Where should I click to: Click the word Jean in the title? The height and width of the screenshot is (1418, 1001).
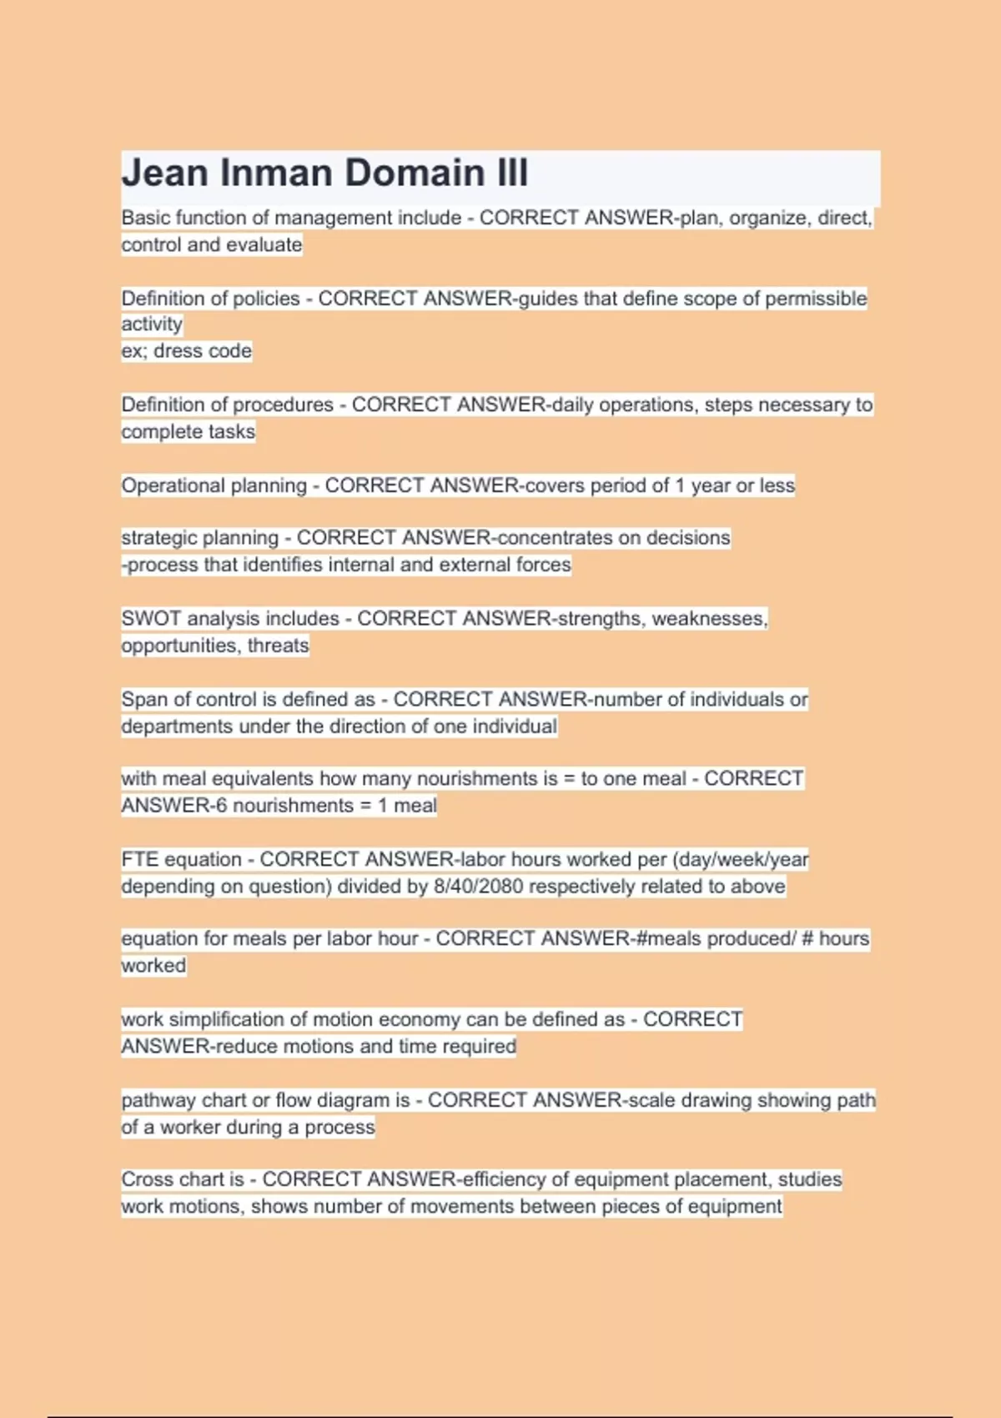[x=164, y=173]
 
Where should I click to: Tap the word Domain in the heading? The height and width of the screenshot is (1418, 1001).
[x=414, y=173]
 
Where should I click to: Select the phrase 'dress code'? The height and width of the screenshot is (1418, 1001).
[x=203, y=350]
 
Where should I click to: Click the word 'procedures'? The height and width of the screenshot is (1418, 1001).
[x=284, y=405]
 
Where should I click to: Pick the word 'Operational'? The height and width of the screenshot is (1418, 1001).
[x=172, y=485]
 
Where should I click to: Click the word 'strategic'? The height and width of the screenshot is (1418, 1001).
[x=158, y=538]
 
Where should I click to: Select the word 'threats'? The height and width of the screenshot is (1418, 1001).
[x=278, y=645]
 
